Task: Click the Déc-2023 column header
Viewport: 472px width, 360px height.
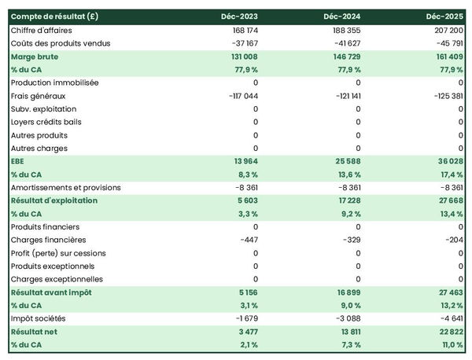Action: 240,16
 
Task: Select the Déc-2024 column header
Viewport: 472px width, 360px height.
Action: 342,16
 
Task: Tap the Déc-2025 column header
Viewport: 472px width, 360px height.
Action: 445,16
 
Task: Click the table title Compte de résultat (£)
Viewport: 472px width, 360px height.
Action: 54,16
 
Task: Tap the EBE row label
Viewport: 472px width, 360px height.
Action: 18,161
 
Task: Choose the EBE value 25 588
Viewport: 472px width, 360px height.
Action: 347,161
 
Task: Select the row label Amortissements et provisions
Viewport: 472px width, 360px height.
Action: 66,188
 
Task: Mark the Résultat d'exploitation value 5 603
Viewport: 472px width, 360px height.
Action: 245,200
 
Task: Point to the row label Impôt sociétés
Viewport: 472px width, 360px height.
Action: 39,318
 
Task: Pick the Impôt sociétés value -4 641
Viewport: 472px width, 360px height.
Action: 448,318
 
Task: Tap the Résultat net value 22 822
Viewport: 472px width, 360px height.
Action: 448,332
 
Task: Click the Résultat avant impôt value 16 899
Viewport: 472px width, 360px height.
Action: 347,292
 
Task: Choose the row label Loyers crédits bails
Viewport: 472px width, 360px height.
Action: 46,122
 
